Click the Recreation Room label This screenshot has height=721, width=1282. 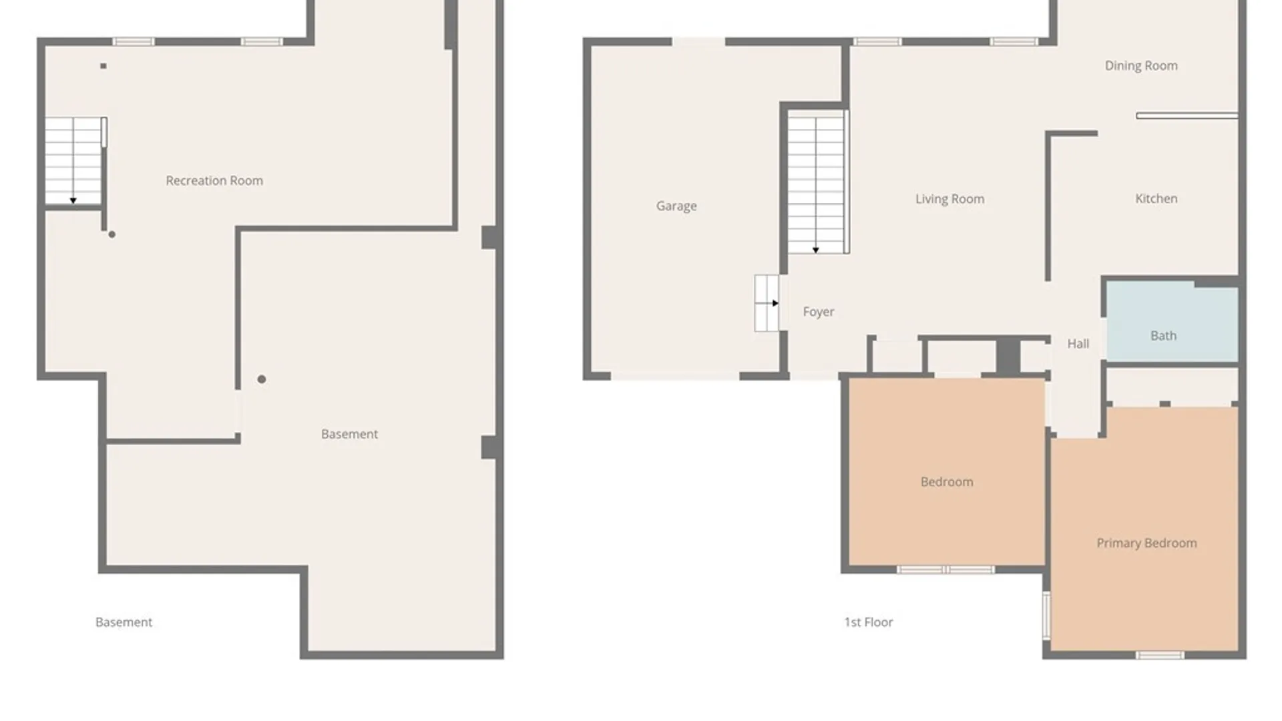(x=214, y=180)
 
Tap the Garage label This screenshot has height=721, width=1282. (x=676, y=206)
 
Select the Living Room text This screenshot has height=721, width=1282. (x=949, y=199)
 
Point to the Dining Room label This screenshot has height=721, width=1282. (x=1141, y=65)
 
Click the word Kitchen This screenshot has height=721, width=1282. (x=1156, y=198)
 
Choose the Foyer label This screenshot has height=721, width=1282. (x=818, y=312)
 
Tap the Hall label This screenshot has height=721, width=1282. (x=1078, y=344)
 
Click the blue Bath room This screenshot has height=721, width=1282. (x=1172, y=324)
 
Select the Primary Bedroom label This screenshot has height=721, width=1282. (x=1146, y=543)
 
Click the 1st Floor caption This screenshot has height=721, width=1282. (x=868, y=622)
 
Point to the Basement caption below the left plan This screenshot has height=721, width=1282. (x=124, y=622)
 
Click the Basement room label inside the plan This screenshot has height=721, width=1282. (x=349, y=434)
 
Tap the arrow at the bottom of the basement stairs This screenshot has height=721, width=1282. (x=73, y=200)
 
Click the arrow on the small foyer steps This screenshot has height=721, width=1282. (x=775, y=303)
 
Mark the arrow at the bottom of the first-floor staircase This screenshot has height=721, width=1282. (x=815, y=250)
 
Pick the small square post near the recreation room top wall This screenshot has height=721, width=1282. (x=103, y=66)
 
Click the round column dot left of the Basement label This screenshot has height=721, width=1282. (x=262, y=379)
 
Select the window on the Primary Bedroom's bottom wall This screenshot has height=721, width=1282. (x=1160, y=656)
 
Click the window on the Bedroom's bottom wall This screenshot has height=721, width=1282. (x=945, y=569)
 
